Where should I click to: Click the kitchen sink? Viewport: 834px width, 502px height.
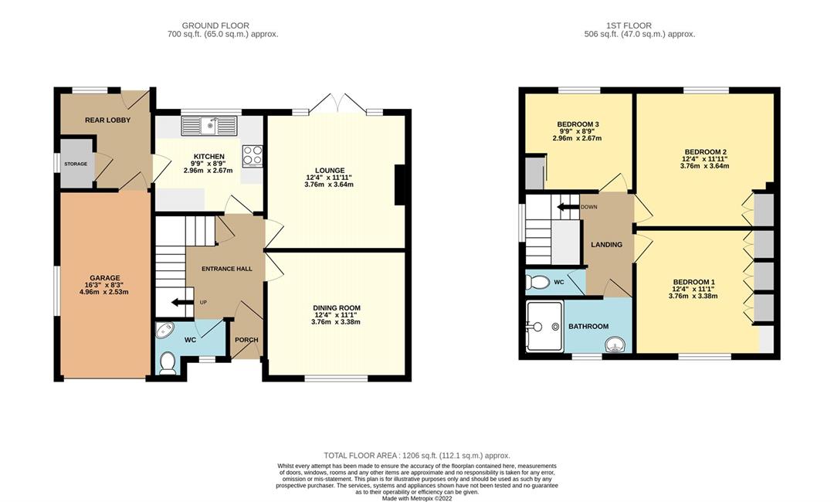pyautogui.click(x=209, y=126)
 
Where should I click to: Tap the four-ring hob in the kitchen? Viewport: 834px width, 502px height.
pyautogui.click(x=252, y=155)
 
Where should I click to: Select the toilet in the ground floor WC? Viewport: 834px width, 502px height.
pyautogui.click(x=167, y=363)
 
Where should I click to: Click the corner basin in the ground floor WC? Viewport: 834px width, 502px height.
pyautogui.click(x=163, y=330)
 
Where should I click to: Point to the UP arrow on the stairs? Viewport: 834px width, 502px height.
pyautogui.click(x=182, y=303)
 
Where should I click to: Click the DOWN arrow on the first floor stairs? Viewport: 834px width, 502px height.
pyautogui.click(x=568, y=207)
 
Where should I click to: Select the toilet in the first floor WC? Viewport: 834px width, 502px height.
pyautogui.click(x=537, y=283)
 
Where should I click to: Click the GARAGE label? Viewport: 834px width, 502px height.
pyautogui.click(x=105, y=277)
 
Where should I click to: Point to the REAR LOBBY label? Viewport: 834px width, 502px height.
pyautogui.click(x=107, y=120)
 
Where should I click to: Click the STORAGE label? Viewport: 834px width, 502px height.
pyautogui.click(x=76, y=164)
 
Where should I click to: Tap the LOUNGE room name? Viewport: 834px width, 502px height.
pyautogui.click(x=330, y=171)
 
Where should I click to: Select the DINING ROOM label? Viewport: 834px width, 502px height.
pyautogui.click(x=337, y=308)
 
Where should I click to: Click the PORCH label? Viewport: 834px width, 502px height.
pyautogui.click(x=246, y=340)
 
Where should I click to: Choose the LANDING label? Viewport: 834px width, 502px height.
pyautogui.click(x=606, y=245)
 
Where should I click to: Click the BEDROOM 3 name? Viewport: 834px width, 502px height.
pyautogui.click(x=578, y=124)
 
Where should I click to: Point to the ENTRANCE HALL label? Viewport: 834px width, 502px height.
pyautogui.click(x=226, y=269)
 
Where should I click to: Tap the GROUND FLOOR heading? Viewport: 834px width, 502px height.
pyautogui.click(x=215, y=25)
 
